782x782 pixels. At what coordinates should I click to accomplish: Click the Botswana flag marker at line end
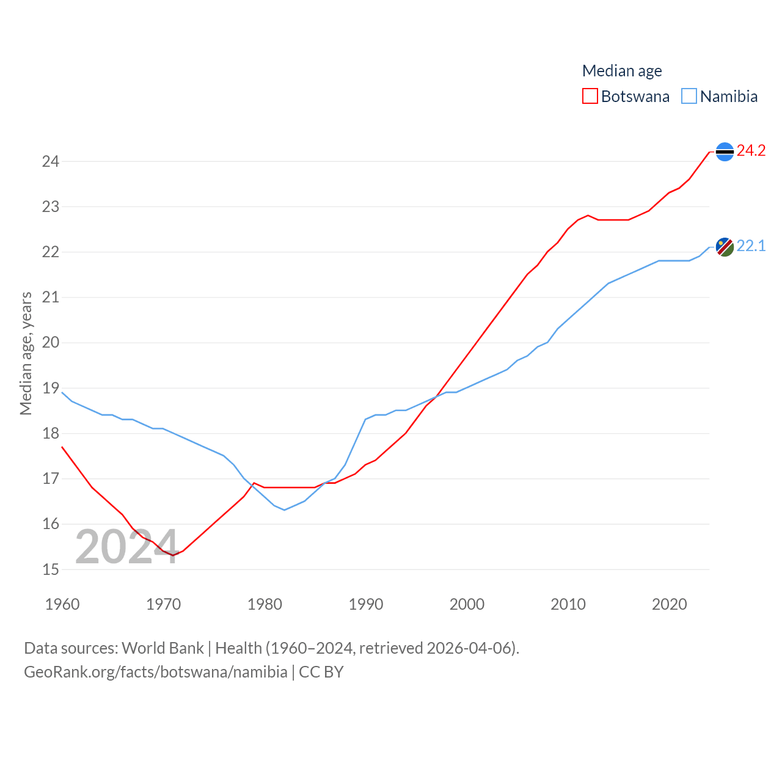(725, 152)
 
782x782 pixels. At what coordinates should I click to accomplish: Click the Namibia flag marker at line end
(725, 247)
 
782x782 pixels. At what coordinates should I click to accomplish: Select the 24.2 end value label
(751, 151)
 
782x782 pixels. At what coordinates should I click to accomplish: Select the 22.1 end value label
(751, 246)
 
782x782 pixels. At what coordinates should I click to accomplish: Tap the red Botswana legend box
(590, 97)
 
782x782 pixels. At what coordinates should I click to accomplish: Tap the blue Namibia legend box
(689, 97)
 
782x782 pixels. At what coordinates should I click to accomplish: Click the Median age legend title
(622, 71)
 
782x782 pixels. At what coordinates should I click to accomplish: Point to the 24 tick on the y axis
(51, 162)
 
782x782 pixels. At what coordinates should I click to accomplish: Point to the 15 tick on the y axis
(51, 569)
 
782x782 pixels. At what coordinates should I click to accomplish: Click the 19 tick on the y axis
(51, 389)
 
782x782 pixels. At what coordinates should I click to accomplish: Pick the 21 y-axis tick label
(51, 298)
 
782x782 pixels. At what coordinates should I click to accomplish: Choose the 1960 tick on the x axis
(62, 604)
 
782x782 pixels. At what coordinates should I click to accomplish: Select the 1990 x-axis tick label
(366, 604)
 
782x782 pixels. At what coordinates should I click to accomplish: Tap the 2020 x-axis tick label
(669, 604)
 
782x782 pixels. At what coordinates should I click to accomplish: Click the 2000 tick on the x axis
(467, 604)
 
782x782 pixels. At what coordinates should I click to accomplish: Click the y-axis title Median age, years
(26, 354)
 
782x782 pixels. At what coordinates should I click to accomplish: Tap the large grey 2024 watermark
(126, 547)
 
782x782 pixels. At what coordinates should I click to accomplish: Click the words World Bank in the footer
(163, 648)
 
